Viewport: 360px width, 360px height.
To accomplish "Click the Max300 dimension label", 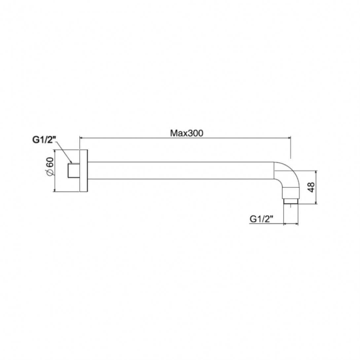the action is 186,133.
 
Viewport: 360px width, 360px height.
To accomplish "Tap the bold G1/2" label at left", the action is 44,140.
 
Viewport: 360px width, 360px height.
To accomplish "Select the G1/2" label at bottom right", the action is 261,219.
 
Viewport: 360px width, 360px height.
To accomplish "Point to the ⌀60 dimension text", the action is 50,167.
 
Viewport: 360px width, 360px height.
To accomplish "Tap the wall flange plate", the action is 84,170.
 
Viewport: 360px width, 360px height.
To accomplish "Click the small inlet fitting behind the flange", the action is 74,170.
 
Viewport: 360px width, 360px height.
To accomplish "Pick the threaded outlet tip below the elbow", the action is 291,201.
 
